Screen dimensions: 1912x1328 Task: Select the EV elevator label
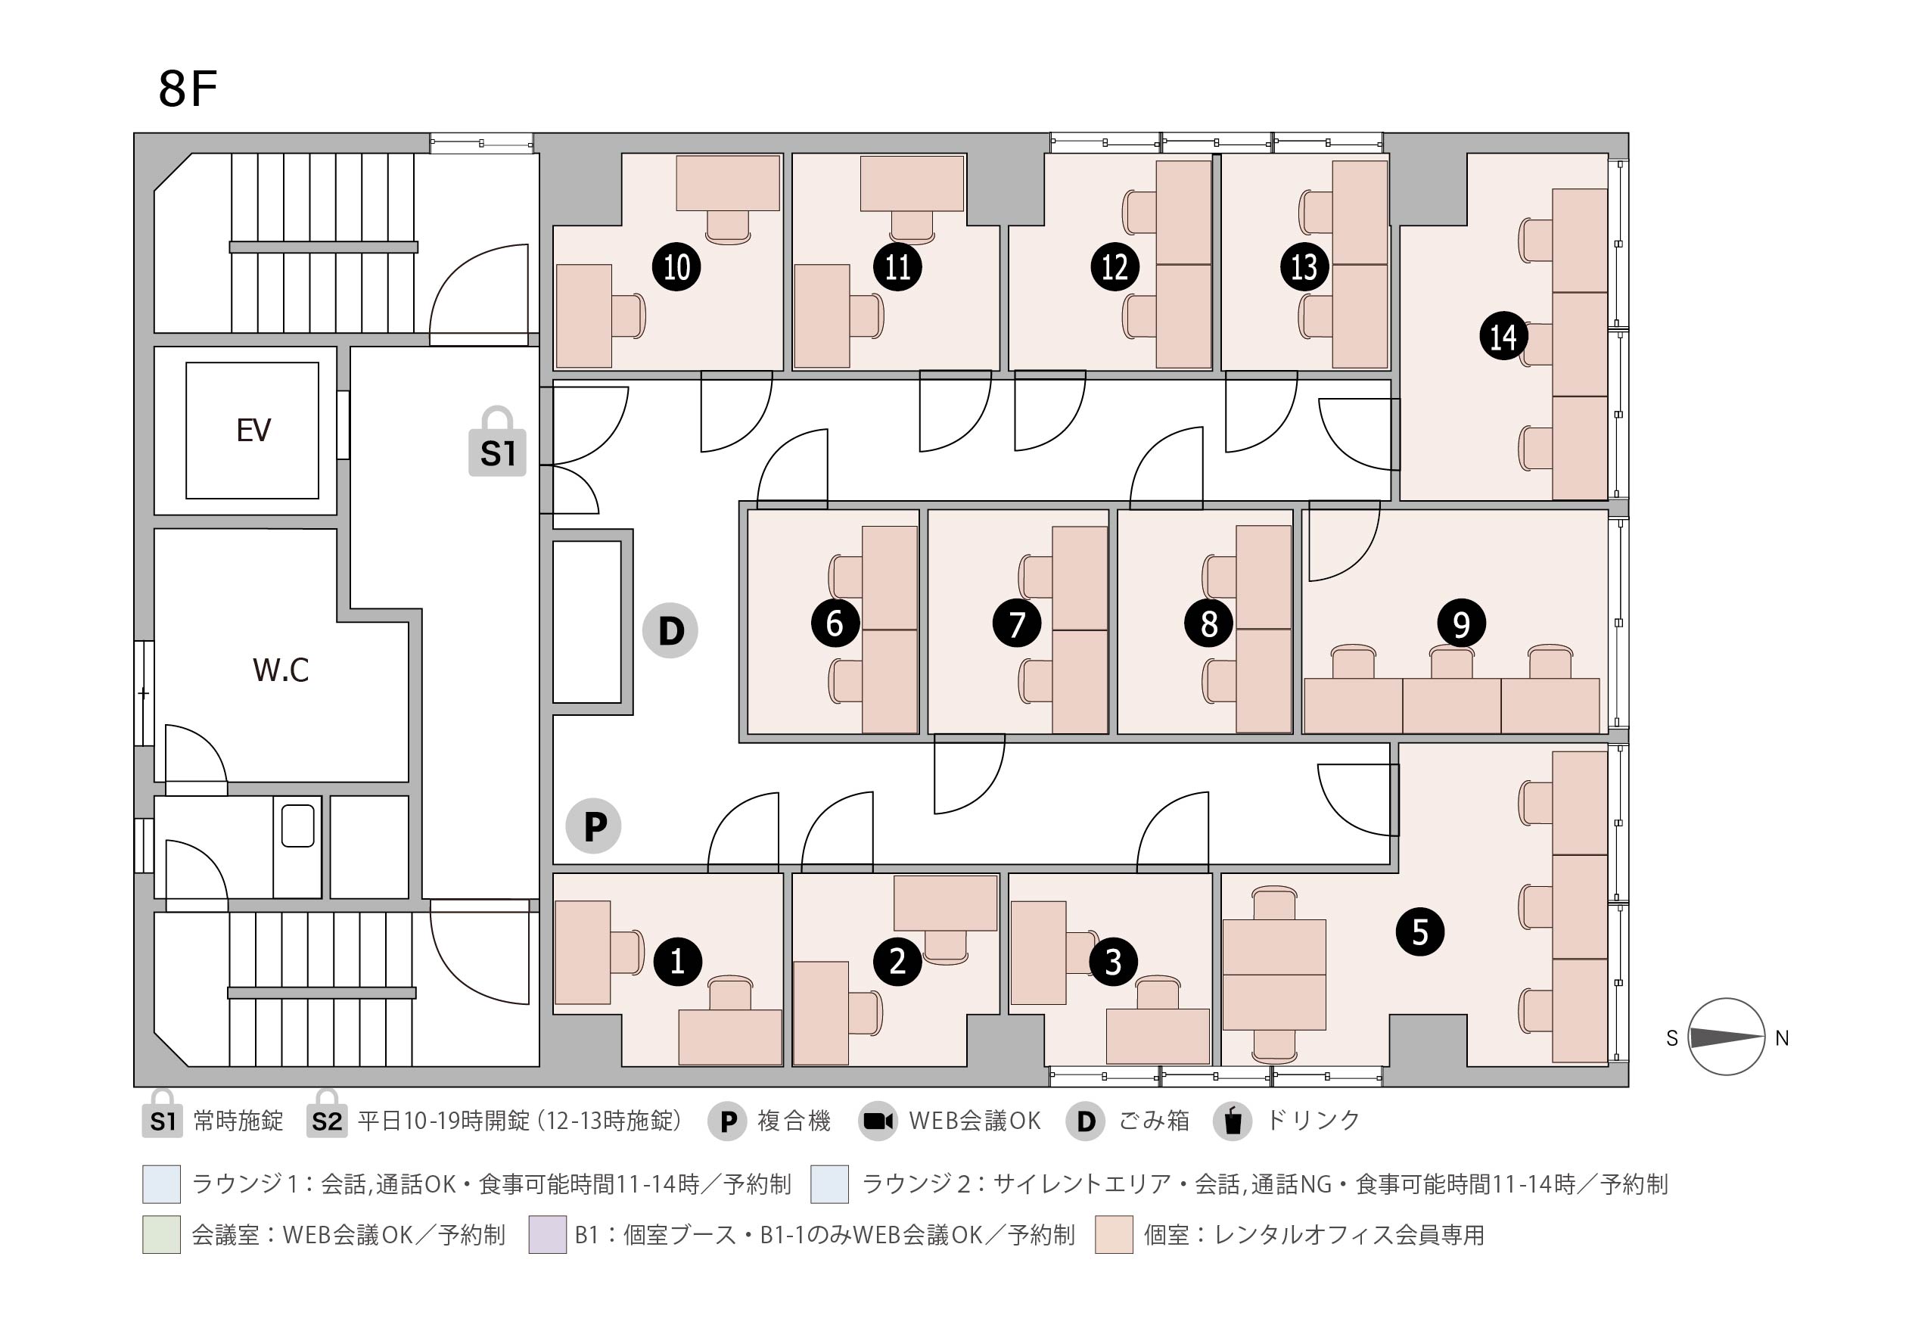click(x=253, y=431)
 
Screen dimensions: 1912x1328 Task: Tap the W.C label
click(x=281, y=670)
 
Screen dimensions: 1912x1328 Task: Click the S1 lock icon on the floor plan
click(x=498, y=442)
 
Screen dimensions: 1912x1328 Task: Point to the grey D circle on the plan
click(x=670, y=631)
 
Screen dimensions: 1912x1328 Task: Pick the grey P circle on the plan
click(x=593, y=826)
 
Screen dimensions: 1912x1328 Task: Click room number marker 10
click(x=676, y=267)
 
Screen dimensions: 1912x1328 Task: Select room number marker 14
click(x=1503, y=337)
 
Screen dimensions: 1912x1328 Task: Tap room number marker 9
click(x=1462, y=624)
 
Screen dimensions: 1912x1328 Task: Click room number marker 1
click(x=677, y=962)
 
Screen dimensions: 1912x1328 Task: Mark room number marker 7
click(x=1017, y=624)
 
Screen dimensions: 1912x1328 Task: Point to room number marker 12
click(x=1115, y=267)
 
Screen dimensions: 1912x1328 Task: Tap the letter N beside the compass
click(x=1781, y=1038)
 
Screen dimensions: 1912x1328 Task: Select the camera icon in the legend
click(x=878, y=1121)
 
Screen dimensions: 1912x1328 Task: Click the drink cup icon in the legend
click(x=1233, y=1120)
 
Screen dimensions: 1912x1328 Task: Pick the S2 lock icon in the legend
click(x=326, y=1113)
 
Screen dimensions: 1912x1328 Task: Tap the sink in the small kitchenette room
click(x=297, y=826)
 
